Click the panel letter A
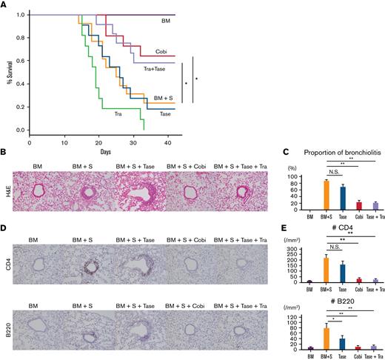pos(6,4)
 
